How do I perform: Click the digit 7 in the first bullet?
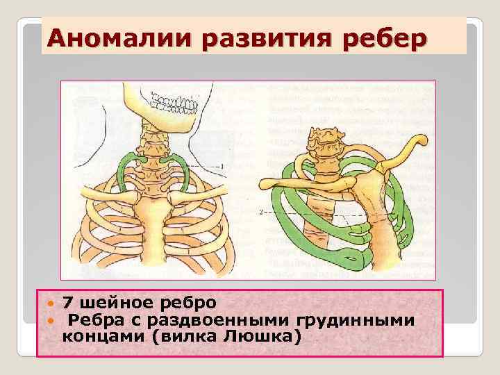[x=67, y=303]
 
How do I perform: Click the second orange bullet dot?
[x=49, y=320]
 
